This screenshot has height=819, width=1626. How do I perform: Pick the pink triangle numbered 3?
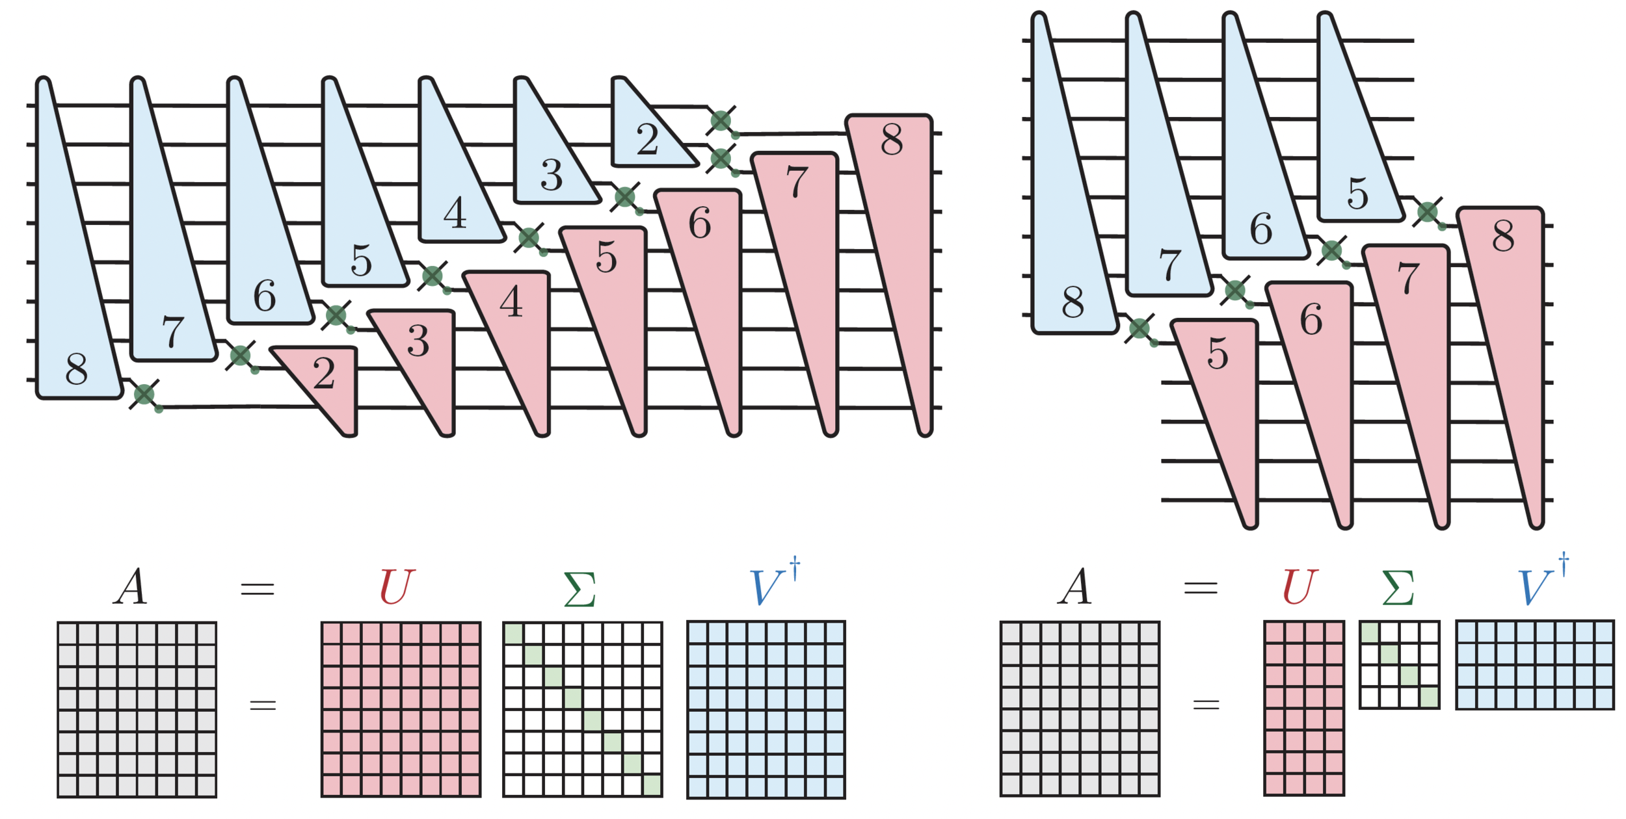(x=423, y=351)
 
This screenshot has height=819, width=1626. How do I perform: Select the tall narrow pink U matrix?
(x=1303, y=708)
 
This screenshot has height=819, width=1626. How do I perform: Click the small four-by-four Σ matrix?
(x=1399, y=665)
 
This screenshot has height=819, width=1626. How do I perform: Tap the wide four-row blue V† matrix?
(x=1534, y=665)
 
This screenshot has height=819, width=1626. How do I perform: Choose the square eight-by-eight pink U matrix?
(x=401, y=709)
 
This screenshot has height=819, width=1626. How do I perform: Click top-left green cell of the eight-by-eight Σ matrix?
(x=513, y=633)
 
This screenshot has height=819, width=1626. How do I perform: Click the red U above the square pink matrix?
(x=396, y=587)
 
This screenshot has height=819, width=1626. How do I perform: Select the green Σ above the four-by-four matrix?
(x=1398, y=589)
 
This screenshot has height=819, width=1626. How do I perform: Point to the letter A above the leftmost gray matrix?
(x=131, y=587)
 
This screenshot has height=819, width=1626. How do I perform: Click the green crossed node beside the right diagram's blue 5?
(x=1427, y=212)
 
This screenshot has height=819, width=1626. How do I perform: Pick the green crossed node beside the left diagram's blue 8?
(x=144, y=394)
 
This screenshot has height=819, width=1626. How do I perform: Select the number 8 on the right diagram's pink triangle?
(x=1502, y=236)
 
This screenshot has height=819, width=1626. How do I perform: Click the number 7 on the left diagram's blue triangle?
(x=172, y=331)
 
